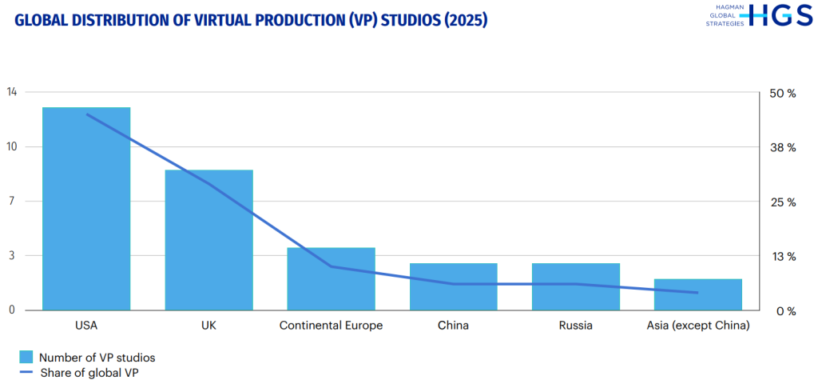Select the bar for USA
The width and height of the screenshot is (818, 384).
(x=86, y=208)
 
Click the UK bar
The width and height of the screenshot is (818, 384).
(x=208, y=239)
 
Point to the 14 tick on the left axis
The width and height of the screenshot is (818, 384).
(x=11, y=92)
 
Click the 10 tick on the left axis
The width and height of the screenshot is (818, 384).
(x=11, y=146)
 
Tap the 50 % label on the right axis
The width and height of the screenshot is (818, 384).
(x=781, y=94)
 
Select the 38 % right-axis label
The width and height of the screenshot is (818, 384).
(x=781, y=148)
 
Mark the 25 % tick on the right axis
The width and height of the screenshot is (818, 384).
(x=781, y=202)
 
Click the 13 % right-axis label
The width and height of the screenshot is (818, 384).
(x=781, y=257)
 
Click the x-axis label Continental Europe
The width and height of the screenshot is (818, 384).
(x=331, y=326)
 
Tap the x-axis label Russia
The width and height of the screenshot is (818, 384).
(x=576, y=326)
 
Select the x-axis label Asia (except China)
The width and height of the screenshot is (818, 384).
(x=698, y=326)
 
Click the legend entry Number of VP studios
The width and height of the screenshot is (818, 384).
(x=97, y=357)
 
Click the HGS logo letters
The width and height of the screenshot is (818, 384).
(x=778, y=15)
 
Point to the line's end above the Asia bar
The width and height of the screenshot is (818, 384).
(x=698, y=293)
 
